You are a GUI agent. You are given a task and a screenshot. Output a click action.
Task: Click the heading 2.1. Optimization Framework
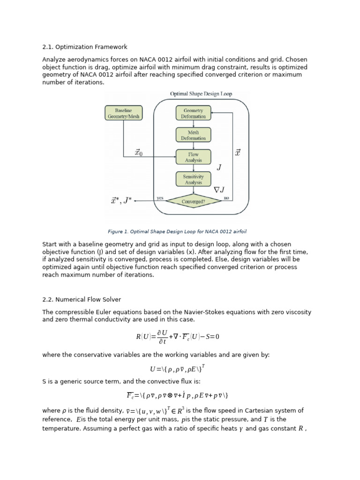84,47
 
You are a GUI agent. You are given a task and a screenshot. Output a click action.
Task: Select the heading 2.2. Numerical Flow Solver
82,299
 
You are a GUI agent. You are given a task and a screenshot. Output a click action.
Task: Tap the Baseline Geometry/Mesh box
123,113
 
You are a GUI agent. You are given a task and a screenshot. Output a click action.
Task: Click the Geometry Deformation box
193,113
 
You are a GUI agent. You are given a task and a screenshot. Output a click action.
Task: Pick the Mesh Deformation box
193,135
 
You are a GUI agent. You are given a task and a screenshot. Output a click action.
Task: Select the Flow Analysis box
193,157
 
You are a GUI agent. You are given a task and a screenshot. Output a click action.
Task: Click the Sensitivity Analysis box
193,179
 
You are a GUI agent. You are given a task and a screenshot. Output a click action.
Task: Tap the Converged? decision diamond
193,202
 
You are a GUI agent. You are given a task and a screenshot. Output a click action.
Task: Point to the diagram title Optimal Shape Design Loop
201,94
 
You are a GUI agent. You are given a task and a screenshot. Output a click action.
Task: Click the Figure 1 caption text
177,232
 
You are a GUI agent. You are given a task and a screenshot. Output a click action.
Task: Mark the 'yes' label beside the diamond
160,198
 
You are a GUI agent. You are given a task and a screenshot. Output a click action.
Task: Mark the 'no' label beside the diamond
226,198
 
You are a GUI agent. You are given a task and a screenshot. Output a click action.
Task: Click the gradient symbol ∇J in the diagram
219,190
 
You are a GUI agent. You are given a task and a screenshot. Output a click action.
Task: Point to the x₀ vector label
138,152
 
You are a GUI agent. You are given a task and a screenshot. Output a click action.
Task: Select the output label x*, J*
121,201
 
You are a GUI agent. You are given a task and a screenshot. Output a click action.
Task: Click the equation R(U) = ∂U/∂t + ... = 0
177,337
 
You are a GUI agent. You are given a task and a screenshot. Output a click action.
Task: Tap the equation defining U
177,368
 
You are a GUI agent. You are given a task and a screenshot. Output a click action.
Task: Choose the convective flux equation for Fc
177,395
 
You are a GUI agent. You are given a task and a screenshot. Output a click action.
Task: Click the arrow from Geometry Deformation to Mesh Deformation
193,124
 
